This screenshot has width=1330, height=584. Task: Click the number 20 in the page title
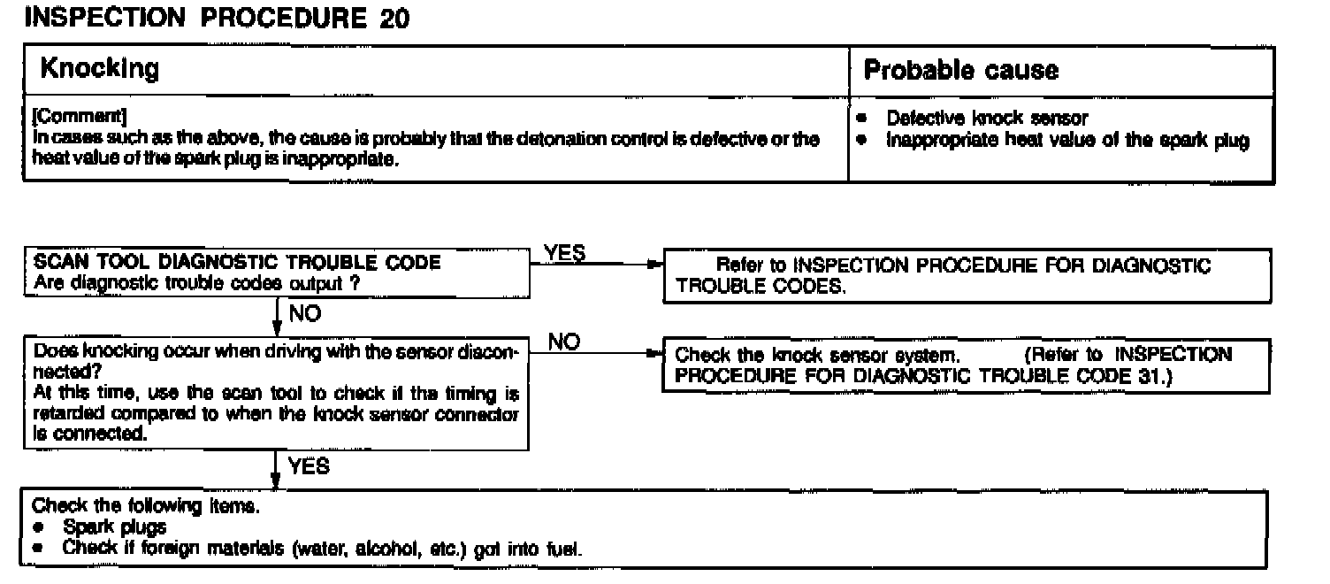click(x=393, y=19)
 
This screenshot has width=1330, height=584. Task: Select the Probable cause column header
click(x=960, y=70)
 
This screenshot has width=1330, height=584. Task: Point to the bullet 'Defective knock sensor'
click(x=987, y=118)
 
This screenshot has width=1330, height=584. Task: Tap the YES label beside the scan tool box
click(x=565, y=254)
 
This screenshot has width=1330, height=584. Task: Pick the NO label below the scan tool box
click(x=303, y=314)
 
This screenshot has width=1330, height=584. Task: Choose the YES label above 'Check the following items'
click(x=309, y=466)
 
